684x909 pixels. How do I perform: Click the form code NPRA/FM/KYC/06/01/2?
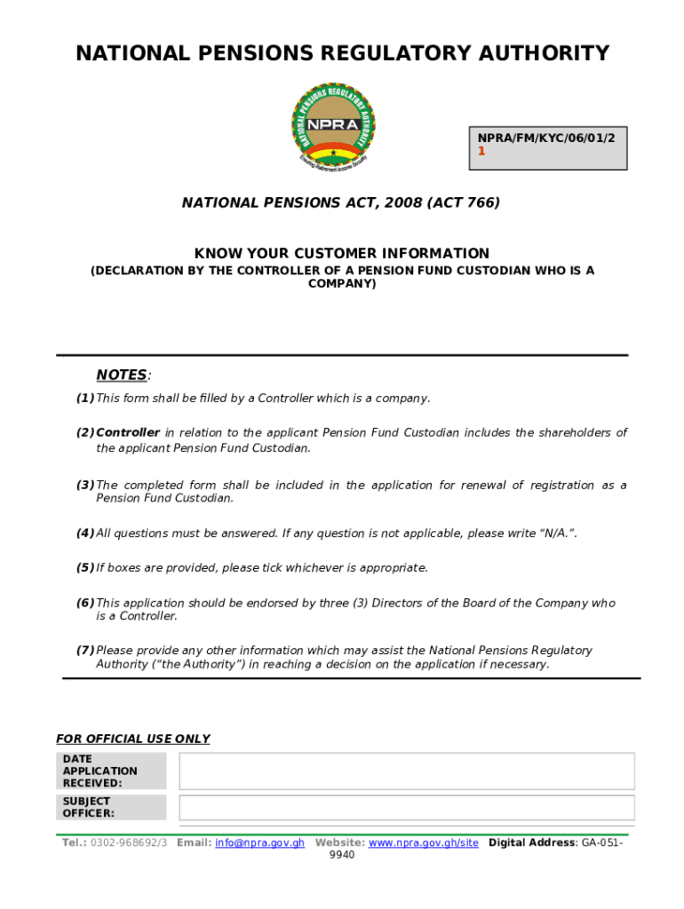pyautogui.click(x=546, y=138)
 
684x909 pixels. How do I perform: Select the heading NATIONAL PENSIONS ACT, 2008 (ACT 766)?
pyautogui.click(x=341, y=203)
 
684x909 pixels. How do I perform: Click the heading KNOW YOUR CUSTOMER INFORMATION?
pyautogui.click(x=342, y=254)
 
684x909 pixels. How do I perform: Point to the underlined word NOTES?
pyautogui.click(x=121, y=375)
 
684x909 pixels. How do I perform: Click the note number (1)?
pyautogui.click(x=85, y=399)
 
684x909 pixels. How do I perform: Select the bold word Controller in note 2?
pyautogui.click(x=128, y=433)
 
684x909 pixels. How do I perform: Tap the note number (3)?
pyautogui.click(x=85, y=486)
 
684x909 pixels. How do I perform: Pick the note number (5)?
pyautogui.click(x=85, y=568)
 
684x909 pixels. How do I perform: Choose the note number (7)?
pyautogui.click(x=85, y=651)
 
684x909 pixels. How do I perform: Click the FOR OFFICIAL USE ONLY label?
pyautogui.click(x=133, y=739)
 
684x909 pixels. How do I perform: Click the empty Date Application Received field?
pyautogui.click(x=406, y=771)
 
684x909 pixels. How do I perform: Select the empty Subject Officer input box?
pyautogui.click(x=406, y=808)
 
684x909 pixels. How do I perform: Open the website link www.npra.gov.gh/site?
pyautogui.click(x=423, y=842)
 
